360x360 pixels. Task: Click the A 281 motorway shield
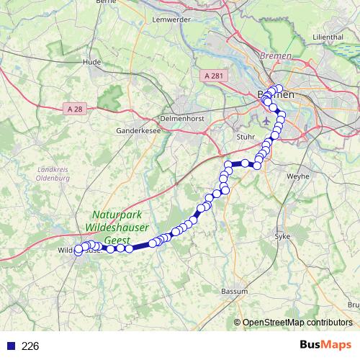(x=214, y=75)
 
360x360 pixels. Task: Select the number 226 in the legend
(x=30, y=346)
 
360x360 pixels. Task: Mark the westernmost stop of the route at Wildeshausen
(x=78, y=251)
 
